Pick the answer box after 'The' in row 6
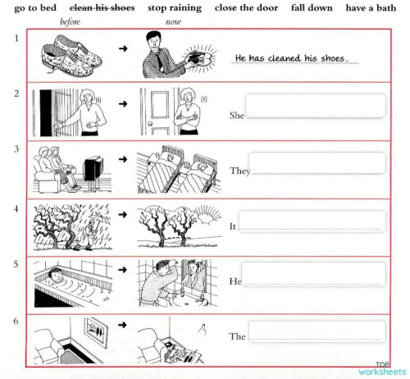(316, 331)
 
